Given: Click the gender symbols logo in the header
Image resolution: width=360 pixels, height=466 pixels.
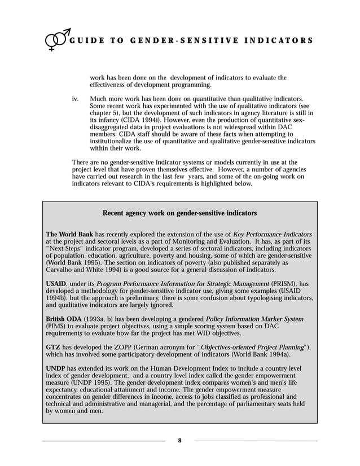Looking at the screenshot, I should point(57,40).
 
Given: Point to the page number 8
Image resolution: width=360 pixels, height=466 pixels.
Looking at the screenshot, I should point(179,441).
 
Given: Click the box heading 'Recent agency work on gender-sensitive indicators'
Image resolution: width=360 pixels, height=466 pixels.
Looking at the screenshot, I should point(179,213).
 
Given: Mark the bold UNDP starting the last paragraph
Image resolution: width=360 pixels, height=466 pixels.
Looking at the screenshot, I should point(56,368).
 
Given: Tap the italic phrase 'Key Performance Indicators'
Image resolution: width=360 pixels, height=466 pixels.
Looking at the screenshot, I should point(273,234).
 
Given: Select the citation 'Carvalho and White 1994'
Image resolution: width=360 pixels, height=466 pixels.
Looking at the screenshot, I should point(89,270).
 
